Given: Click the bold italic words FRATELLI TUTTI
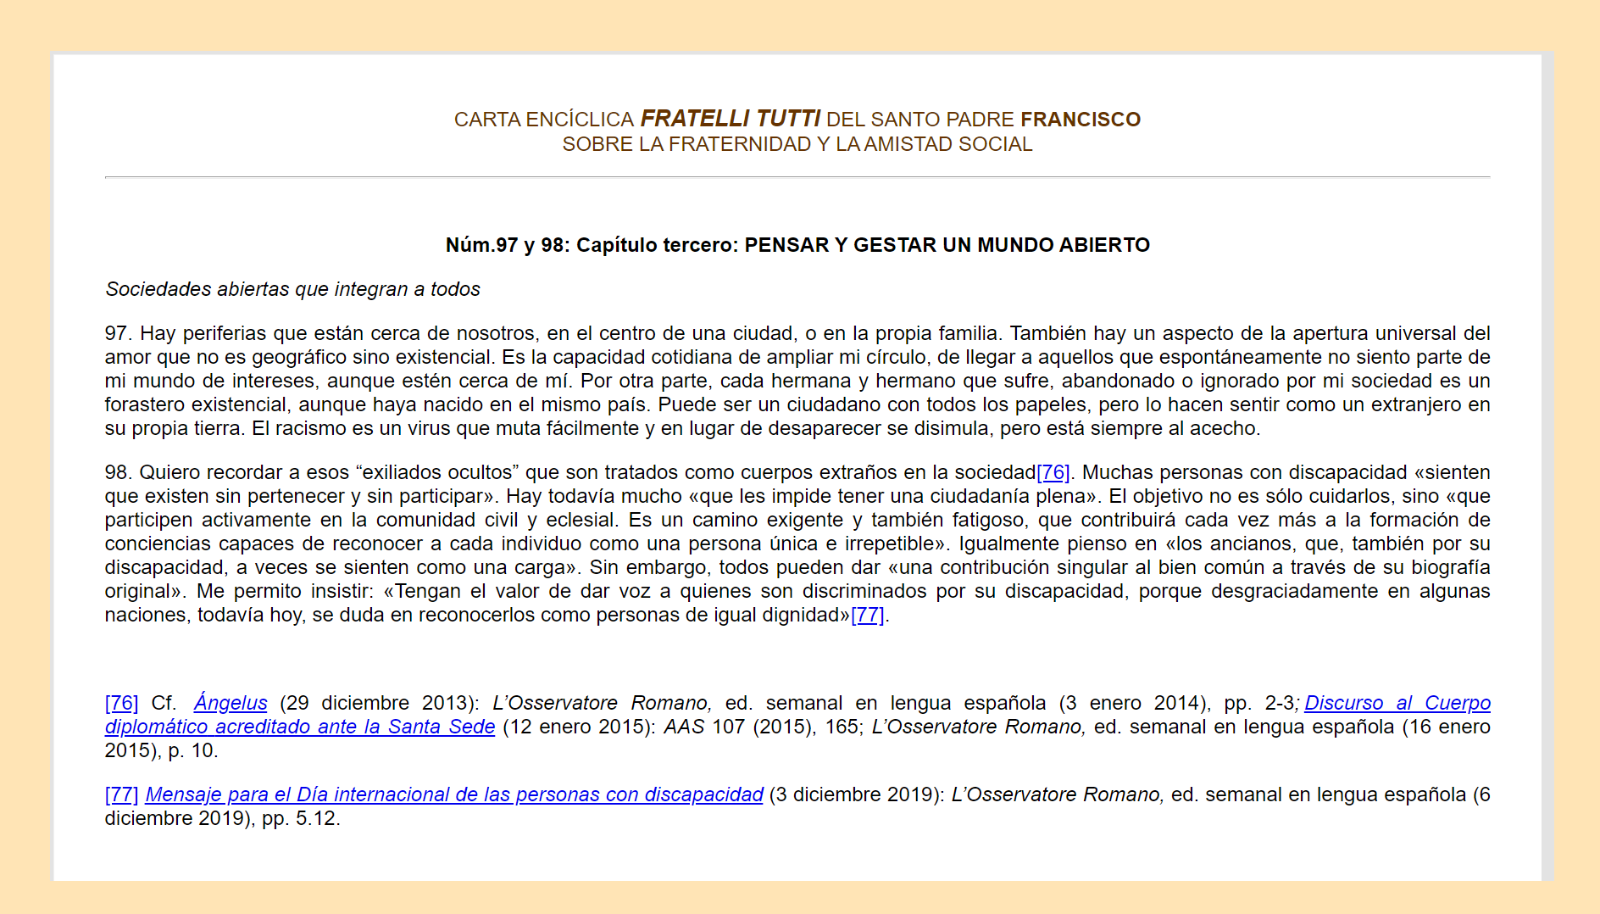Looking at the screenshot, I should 730,119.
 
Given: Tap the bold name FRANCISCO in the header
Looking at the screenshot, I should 1081,120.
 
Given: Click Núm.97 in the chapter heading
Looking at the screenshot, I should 481,245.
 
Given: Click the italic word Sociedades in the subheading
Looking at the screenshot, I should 158,289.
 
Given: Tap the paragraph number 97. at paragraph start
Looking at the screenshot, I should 117,333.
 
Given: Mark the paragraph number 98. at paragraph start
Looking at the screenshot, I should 117,472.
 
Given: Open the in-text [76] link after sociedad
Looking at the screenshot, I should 1053,472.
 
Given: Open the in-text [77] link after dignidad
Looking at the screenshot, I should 868,615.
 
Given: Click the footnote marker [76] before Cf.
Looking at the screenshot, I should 121,703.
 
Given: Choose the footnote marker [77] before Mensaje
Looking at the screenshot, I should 121,794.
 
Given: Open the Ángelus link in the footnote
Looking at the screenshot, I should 231,703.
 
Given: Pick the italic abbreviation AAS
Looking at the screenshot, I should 683,727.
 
